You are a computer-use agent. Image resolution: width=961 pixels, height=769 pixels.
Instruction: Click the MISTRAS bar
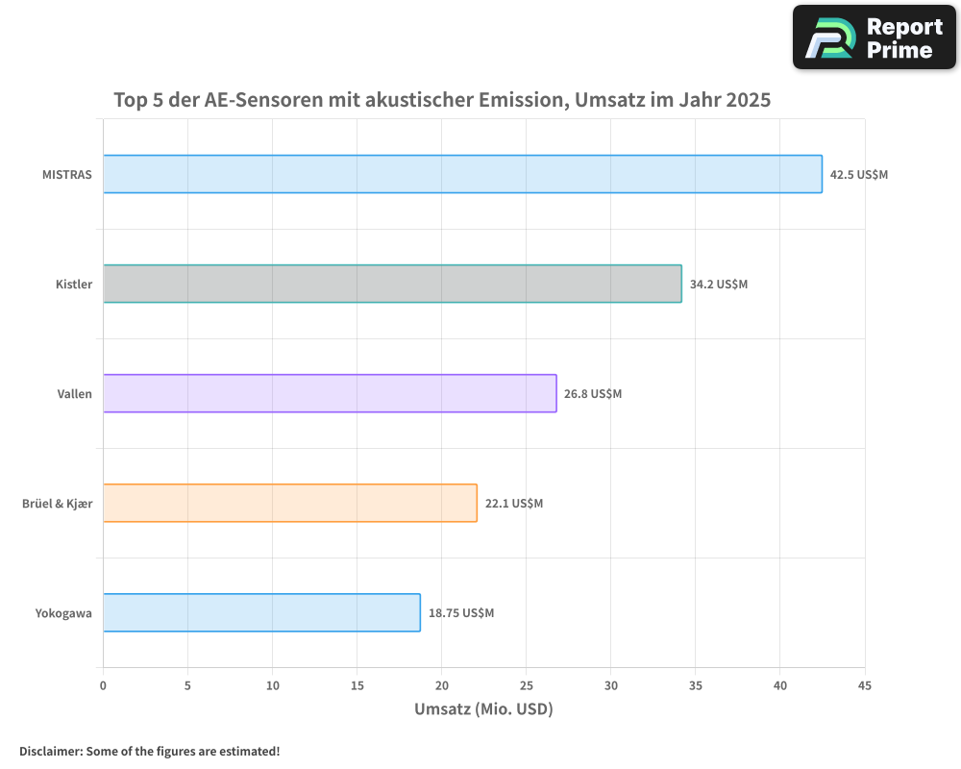tap(462, 174)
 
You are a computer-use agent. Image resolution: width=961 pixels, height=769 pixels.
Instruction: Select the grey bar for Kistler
tap(392, 284)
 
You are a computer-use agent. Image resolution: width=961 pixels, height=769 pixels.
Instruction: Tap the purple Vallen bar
tap(330, 393)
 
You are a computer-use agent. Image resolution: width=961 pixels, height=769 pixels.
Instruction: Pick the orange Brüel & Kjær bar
tap(289, 503)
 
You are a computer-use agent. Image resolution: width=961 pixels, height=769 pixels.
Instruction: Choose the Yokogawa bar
tap(261, 612)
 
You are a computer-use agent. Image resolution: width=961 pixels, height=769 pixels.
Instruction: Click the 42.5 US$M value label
tap(859, 175)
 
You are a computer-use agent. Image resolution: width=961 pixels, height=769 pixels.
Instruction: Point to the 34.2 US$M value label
tap(719, 285)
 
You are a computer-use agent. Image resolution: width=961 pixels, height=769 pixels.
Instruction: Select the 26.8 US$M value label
tap(593, 394)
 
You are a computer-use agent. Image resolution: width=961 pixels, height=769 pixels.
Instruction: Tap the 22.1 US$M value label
tap(514, 504)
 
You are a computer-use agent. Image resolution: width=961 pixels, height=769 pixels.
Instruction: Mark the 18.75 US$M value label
tap(461, 613)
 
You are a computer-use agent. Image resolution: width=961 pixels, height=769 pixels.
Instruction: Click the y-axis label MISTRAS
tap(67, 175)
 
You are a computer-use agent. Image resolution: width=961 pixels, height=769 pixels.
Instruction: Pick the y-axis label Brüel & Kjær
tap(58, 504)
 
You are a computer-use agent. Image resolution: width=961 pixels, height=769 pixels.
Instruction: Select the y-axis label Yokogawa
tap(63, 613)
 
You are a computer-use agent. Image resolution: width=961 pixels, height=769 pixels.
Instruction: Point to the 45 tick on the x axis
tap(865, 685)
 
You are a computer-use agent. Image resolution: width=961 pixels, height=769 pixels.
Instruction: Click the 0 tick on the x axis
tap(103, 685)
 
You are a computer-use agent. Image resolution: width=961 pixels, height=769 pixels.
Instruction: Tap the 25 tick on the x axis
tap(527, 685)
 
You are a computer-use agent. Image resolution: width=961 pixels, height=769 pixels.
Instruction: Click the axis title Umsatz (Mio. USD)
tap(483, 709)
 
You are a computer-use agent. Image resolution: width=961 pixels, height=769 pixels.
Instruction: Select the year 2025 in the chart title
tap(748, 99)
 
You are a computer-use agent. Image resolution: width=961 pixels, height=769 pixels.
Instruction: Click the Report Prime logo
tap(875, 37)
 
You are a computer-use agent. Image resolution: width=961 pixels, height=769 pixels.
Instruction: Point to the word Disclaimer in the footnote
tap(49, 751)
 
